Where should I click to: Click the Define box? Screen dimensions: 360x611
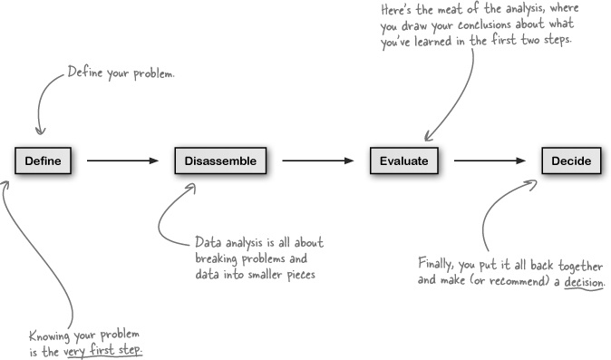[x=43, y=161]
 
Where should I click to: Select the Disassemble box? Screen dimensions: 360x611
[x=220, y=161]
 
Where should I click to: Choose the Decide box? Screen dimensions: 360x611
[x=571, y=161]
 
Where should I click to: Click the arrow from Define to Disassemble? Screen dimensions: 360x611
[x=122, y=162]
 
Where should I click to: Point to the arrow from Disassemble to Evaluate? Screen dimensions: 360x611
[x=317, y=162]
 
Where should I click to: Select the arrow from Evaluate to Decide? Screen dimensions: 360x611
[x=490, y=162]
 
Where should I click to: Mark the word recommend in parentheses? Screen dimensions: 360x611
[x=509, y=282]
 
